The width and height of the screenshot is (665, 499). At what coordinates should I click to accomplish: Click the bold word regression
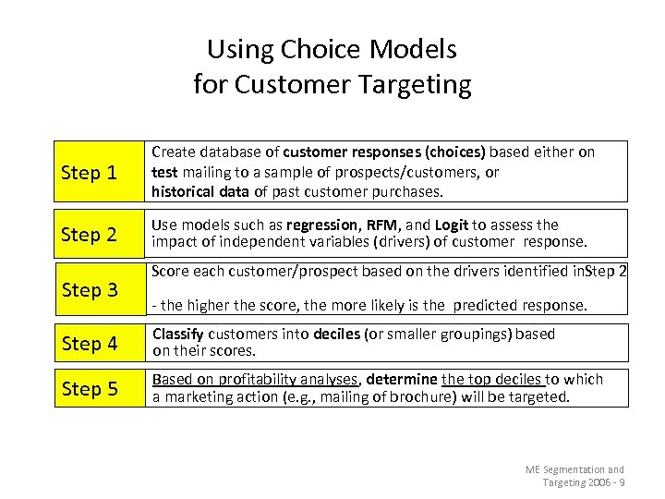322,225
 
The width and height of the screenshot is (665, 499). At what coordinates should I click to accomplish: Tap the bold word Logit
452,225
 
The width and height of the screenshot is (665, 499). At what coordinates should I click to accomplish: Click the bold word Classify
179,334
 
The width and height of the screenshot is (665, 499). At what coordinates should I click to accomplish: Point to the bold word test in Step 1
164,172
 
